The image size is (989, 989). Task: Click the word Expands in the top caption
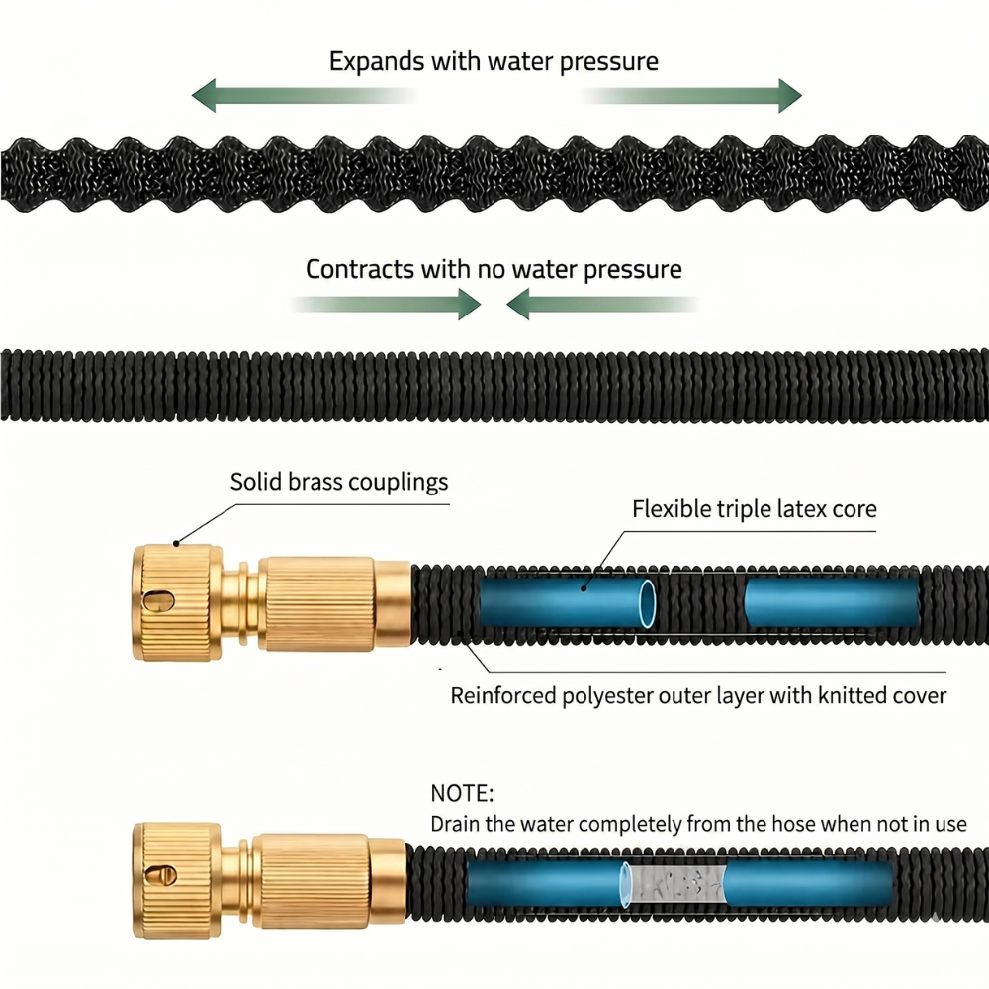(377, 62)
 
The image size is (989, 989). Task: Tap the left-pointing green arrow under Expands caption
(303, 96)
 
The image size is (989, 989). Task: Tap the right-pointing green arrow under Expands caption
(691, 96)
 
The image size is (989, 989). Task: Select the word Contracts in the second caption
(360, 269)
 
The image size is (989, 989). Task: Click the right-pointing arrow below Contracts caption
(386, 304)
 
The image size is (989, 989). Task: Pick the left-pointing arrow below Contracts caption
(602, 304)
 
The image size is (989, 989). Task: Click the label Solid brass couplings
(339, 482)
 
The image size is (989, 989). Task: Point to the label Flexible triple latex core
(755, 509)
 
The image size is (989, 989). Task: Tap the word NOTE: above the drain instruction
(462, 793)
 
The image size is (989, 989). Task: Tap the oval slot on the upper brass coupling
(157, 600)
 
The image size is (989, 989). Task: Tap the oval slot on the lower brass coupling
(160, 875)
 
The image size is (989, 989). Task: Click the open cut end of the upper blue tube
(647, 603)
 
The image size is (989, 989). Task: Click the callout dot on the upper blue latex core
(584, 588)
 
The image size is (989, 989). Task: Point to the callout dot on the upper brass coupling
(176, 543)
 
